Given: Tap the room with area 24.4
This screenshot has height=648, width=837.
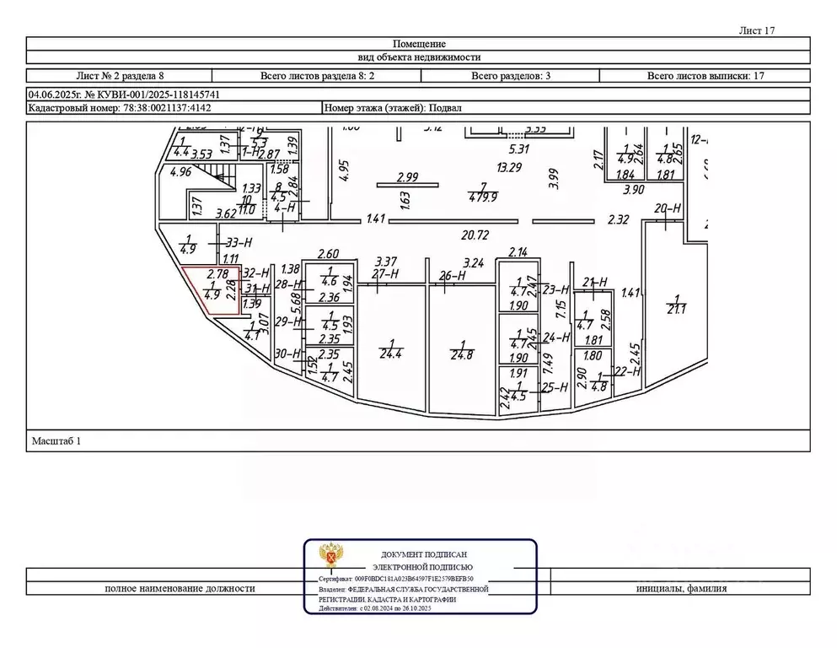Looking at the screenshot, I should click(390, 348).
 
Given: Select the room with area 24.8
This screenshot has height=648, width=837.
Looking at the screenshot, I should click(462, 348).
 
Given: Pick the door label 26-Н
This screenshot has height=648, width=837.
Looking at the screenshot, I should click(453, 274).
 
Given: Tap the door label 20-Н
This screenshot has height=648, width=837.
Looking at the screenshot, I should click(667, 208).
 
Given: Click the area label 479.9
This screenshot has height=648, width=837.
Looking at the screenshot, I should click(483, 198).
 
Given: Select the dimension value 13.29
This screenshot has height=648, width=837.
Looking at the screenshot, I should click(509, 167).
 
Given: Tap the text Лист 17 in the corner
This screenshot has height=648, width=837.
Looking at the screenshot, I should click(756, 30).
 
